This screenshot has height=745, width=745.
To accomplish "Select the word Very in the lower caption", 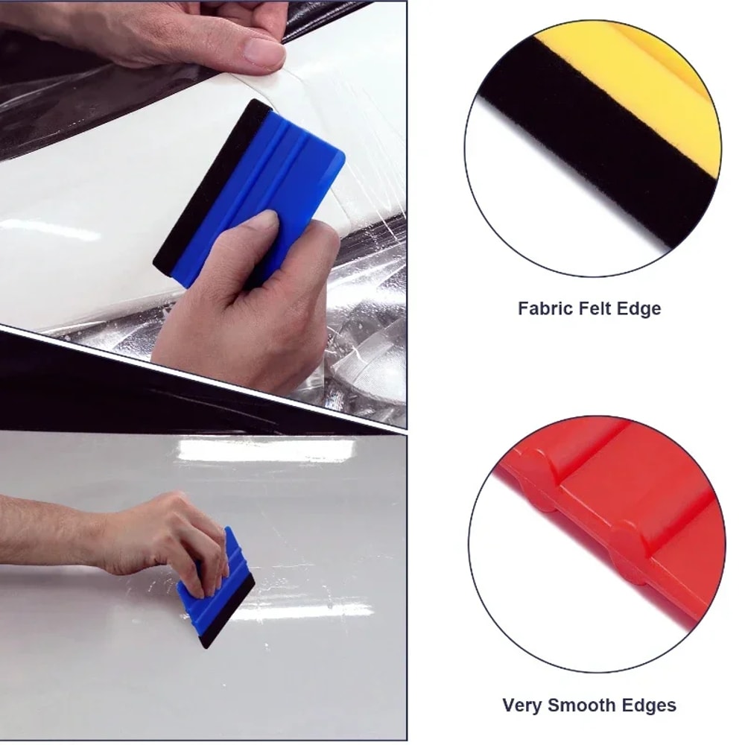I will pyautogui.click(x=522, y=705).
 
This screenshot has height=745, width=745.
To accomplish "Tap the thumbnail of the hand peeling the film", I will pyautogui.click(x=264, y=52).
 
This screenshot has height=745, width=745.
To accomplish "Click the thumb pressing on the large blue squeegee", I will pyautogui.click(x=257, y=231).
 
